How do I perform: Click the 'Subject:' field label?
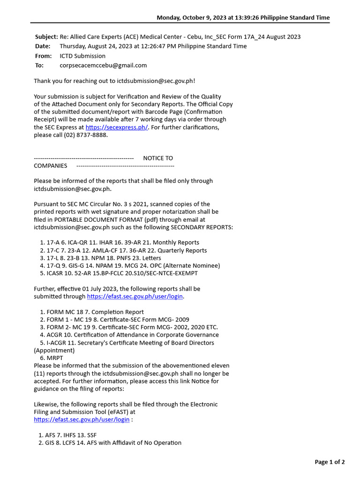pyautogui.click(x=46, y=37)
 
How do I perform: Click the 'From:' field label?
pyautogui.click(x=43, y=56)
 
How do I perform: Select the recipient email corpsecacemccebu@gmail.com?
pyautogui.click(x=103, y=65)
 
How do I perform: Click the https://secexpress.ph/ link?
pyautogui.click(x=117, y=127)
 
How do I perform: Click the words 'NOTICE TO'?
pyautogui.click(x=158, y=158)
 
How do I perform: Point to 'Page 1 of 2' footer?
pyautogui.click(x=330, y=462)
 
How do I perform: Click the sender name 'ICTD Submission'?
pyautogui.click(x=82, y=56)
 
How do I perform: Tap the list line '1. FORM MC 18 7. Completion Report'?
pyautogui.click(x=92, y=312)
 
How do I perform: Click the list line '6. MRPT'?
pyautogui.click(x=52, y=358)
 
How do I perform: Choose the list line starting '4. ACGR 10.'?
pyautogui.click(x=129, y=335)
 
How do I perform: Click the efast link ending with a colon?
pyautogui.click(x=82, y=420)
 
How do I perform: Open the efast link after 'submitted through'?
pyautogui.click(x=135, y=297)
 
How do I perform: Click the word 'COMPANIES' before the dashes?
pyautogui.click(x=50, y=165)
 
